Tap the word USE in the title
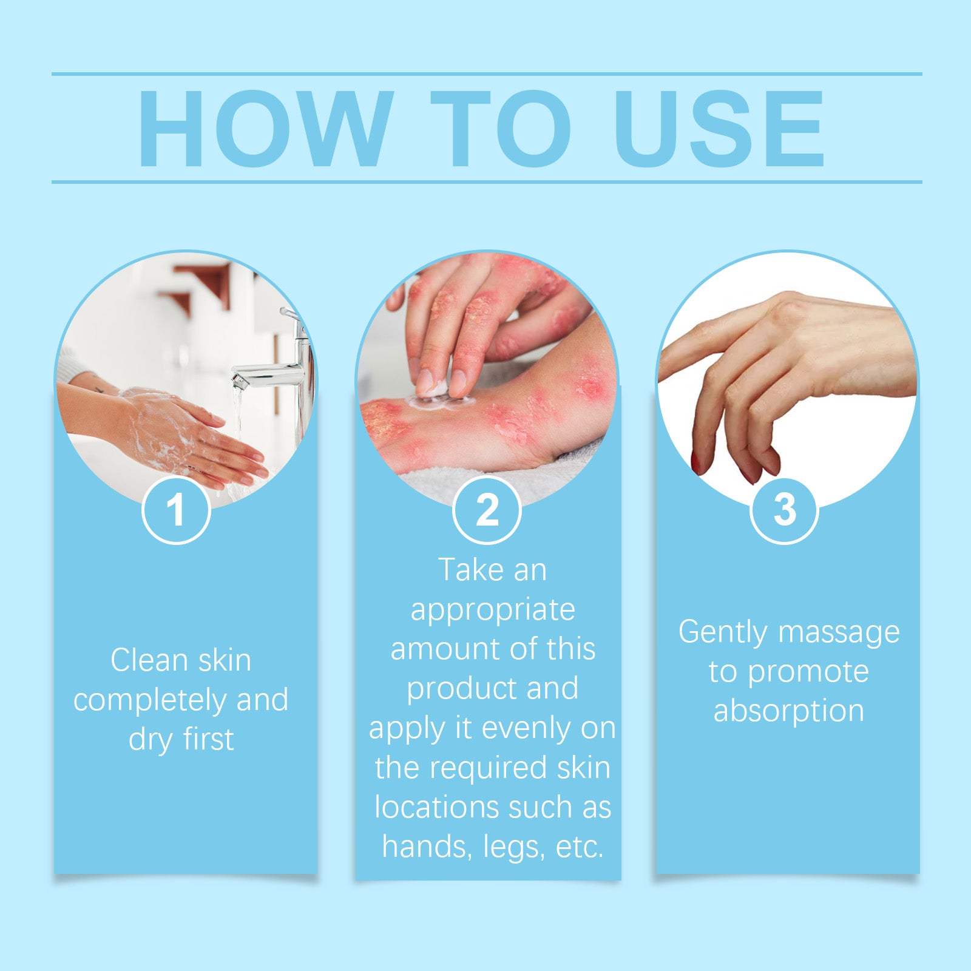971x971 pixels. click(719, 129)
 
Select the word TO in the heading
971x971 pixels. click(501, 129)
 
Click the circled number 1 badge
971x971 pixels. click(176, 510)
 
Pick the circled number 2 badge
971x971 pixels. click(487, 510)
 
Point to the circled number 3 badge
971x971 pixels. click(784, 510)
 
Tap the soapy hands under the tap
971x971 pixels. click(182, 434)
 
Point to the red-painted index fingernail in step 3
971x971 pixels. click(695, 464)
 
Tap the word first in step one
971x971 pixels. click(208, 740)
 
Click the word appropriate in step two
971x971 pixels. click(493, 610)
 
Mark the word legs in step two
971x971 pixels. click(513, 847)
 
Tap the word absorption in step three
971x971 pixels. click(788, 711)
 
